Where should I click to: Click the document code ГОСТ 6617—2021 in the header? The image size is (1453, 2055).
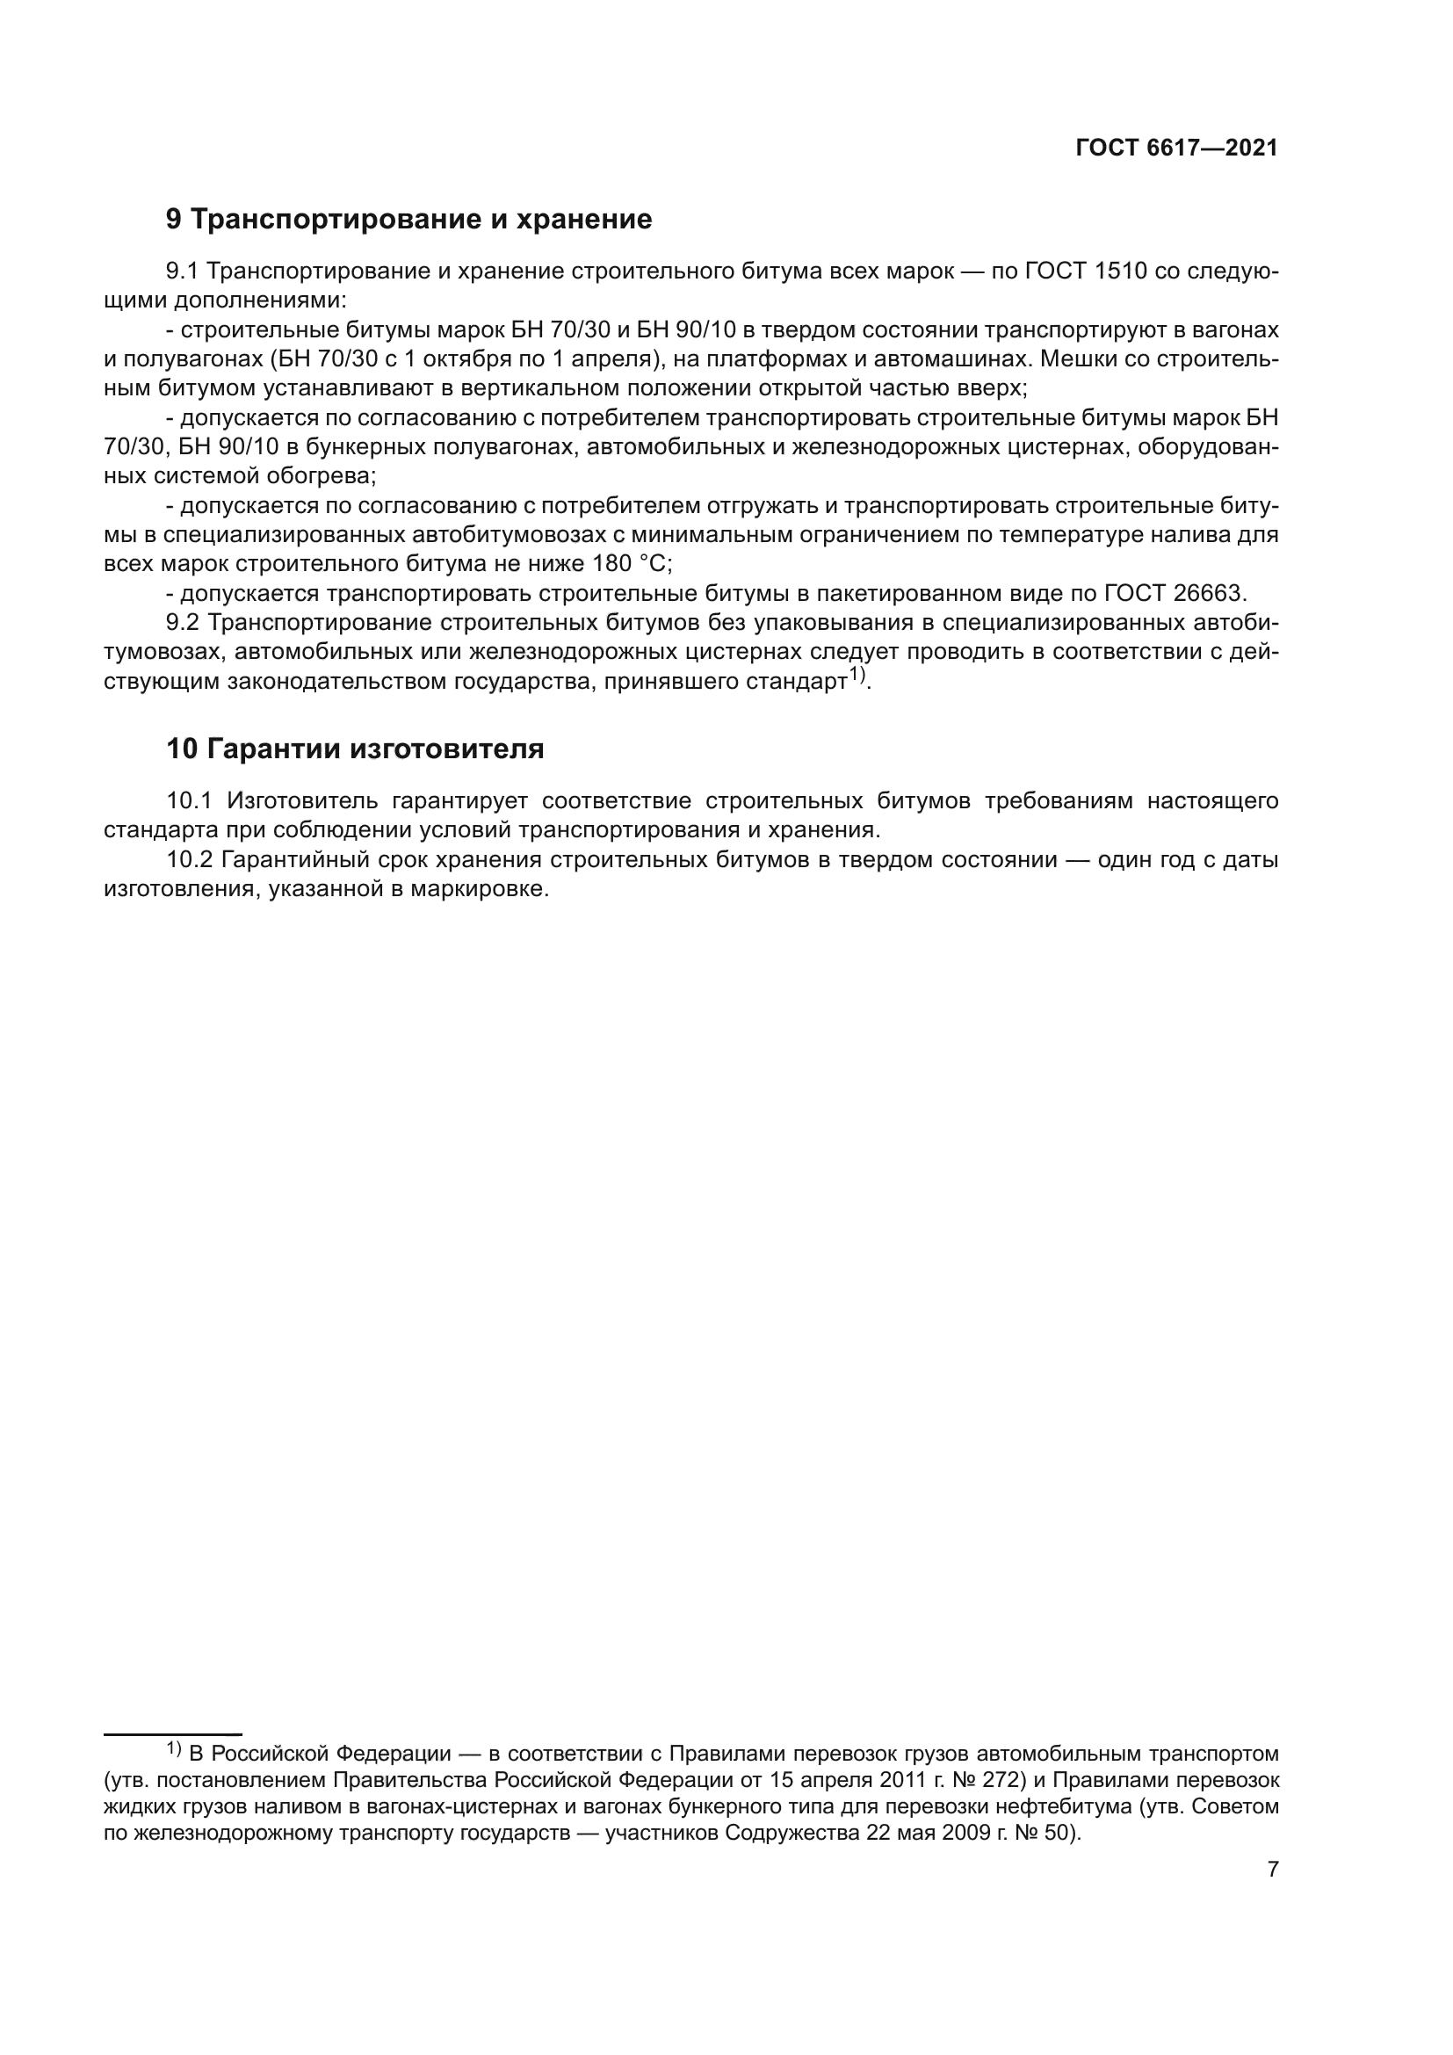coord(1176,148)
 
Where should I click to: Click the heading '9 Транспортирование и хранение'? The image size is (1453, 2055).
coord(408,220)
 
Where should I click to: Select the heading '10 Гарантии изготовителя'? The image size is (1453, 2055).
coord(355,749)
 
